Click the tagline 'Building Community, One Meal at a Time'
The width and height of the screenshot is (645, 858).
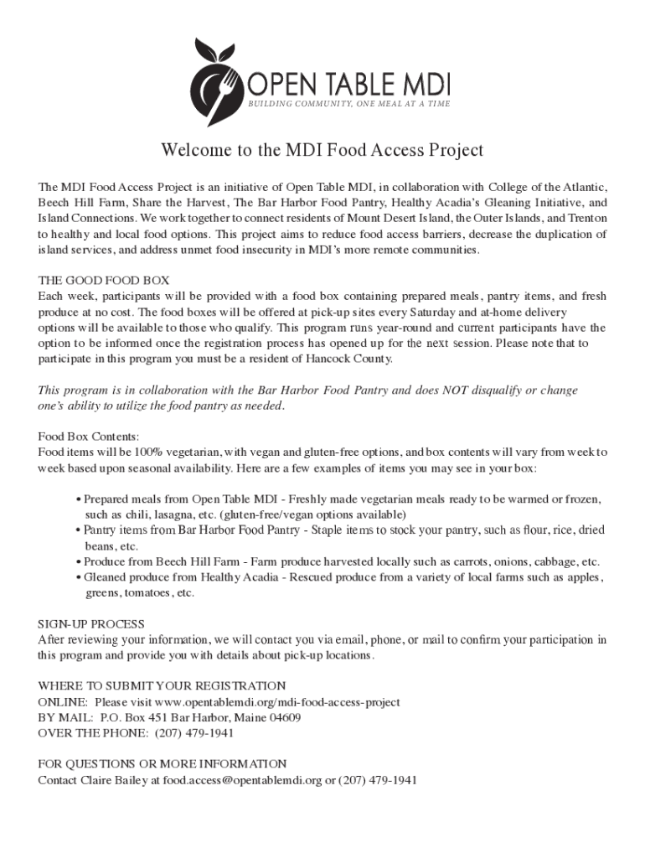[x=348, y=104]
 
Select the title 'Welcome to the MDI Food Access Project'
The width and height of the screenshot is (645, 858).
[x=322, y=151]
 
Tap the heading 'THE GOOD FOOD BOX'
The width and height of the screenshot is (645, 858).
[x=104, y=281]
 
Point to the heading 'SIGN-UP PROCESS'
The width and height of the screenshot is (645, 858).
[x=92, y=624]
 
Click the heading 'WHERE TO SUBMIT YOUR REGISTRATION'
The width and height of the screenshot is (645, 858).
[x=163, y=686]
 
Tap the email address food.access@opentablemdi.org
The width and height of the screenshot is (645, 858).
[x=243, y=780]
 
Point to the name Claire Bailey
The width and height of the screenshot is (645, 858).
[x=107, y=780]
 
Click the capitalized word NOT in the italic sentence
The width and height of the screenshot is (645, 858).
[x=453, y=390]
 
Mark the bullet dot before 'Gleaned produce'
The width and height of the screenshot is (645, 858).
[x=79, y=577]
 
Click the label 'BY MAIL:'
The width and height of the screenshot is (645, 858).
[x=66, y=718]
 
